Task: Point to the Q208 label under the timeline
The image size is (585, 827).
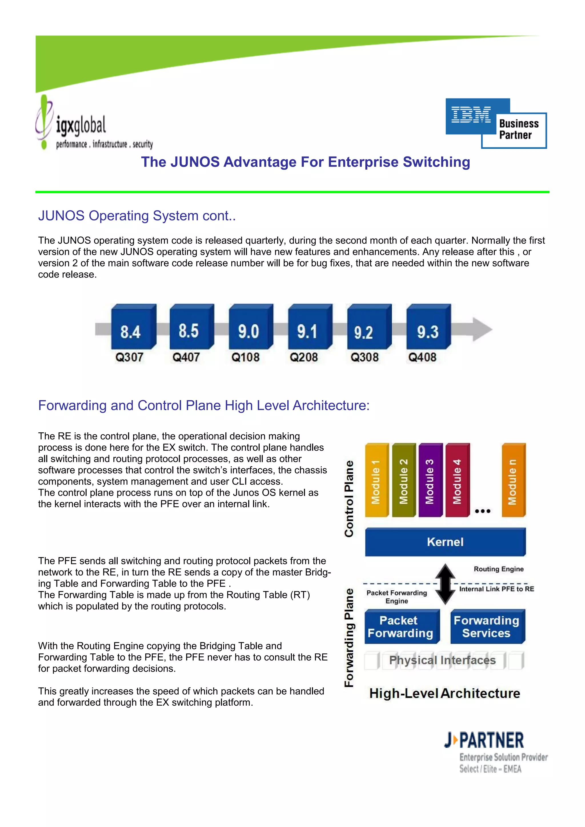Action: (x=304, y=357)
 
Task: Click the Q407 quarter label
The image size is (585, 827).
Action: (x=186, y=357)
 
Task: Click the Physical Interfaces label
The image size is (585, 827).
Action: (x=443, y=660)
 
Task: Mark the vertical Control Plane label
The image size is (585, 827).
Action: (x=349, y=499)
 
